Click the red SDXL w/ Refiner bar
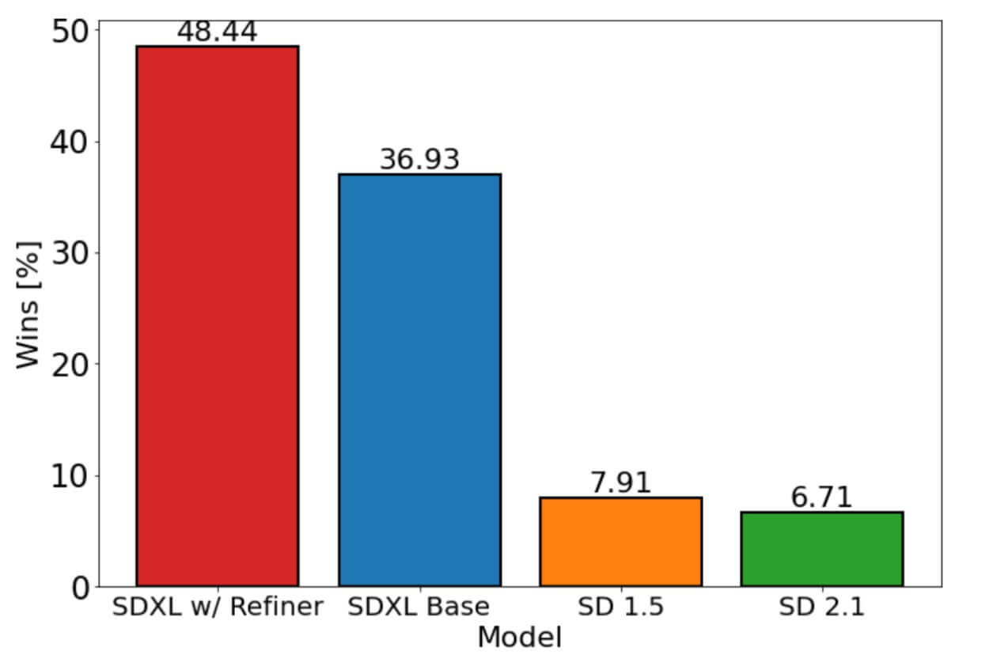(218, 316)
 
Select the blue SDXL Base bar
(419, 380)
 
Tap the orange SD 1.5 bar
(621, 542)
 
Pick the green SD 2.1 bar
(822, 549)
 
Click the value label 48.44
(217, 32)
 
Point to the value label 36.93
(419, 160)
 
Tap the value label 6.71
(822, 498)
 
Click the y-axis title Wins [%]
(28, 305)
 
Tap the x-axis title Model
(519, 638)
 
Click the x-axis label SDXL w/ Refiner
(218, 607)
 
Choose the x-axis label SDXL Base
(419, 607)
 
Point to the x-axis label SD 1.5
(621, 607)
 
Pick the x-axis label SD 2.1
(822, 607)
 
